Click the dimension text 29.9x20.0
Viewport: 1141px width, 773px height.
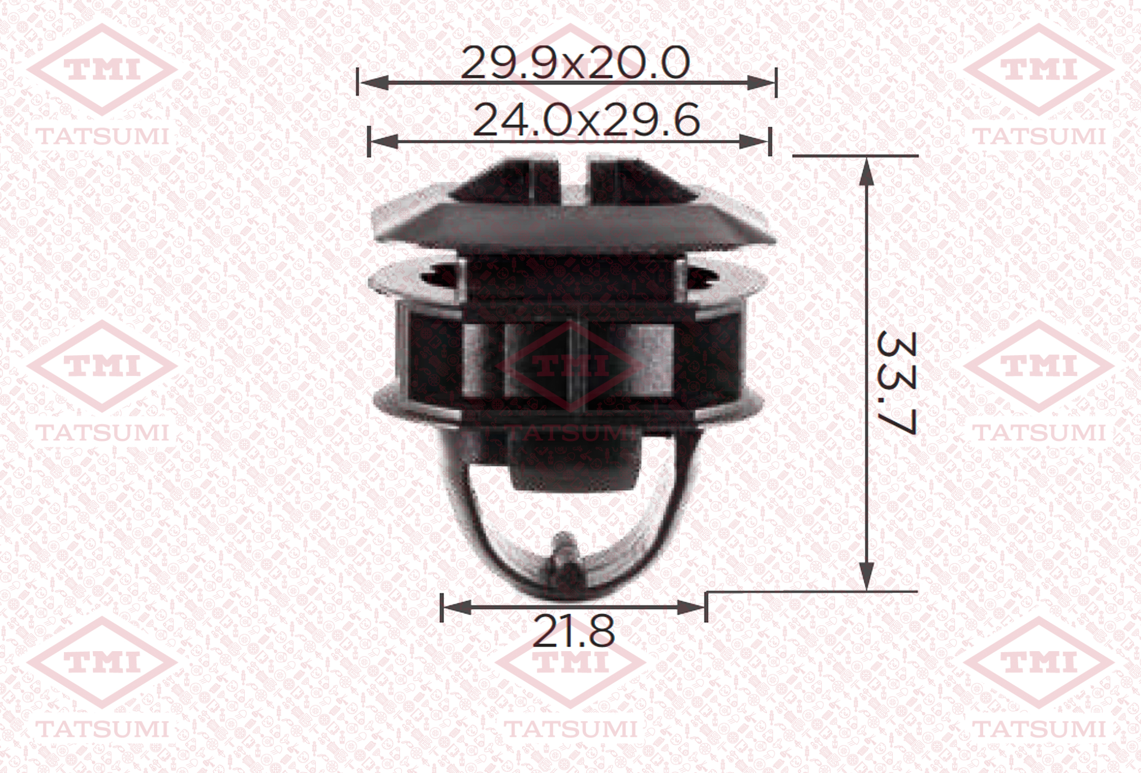point(575,63)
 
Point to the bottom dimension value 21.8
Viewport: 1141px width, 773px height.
point(574,632)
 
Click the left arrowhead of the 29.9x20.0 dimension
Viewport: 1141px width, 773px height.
point(374,83)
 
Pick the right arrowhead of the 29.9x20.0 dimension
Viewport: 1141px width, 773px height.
point(761,83)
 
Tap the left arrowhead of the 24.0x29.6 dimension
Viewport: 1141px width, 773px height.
point(384,141)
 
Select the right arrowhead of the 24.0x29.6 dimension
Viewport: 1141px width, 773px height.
point(754,141)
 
